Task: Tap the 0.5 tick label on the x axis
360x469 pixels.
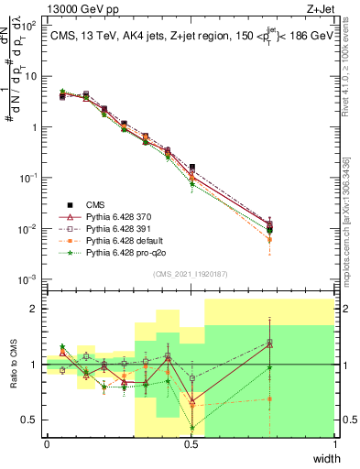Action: [191, 444]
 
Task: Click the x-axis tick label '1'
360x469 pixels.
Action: [335, 444]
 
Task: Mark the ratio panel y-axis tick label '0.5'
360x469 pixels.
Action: [31, 420]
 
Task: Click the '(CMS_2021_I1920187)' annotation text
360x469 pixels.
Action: [190, 273]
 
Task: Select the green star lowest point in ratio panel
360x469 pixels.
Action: [191, 428]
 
